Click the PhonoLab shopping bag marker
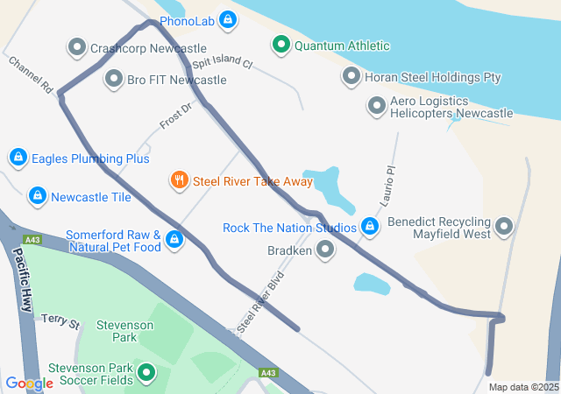coord(227,18)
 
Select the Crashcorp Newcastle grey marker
coord(76,47)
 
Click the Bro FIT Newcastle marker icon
coord(113,80)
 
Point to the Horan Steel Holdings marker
coord(351,77)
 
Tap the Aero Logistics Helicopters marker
coord(377,107)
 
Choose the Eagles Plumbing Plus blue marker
coord(17,158)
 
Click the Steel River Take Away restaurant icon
coord(179,180)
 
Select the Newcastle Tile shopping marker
coord(37,196)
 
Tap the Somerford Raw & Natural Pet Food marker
coord(174,239)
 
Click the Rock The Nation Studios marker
coord(370,228)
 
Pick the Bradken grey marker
coord(325,250)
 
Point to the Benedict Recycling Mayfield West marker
coord(504,228)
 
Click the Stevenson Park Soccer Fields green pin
coord(146,374)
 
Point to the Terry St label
coord(60,321)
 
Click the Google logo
coord(29,383)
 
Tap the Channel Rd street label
coord(32,75)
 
